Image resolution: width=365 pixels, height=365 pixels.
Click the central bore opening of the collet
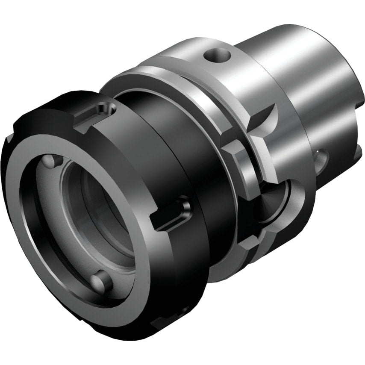[x=98, y=214]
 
